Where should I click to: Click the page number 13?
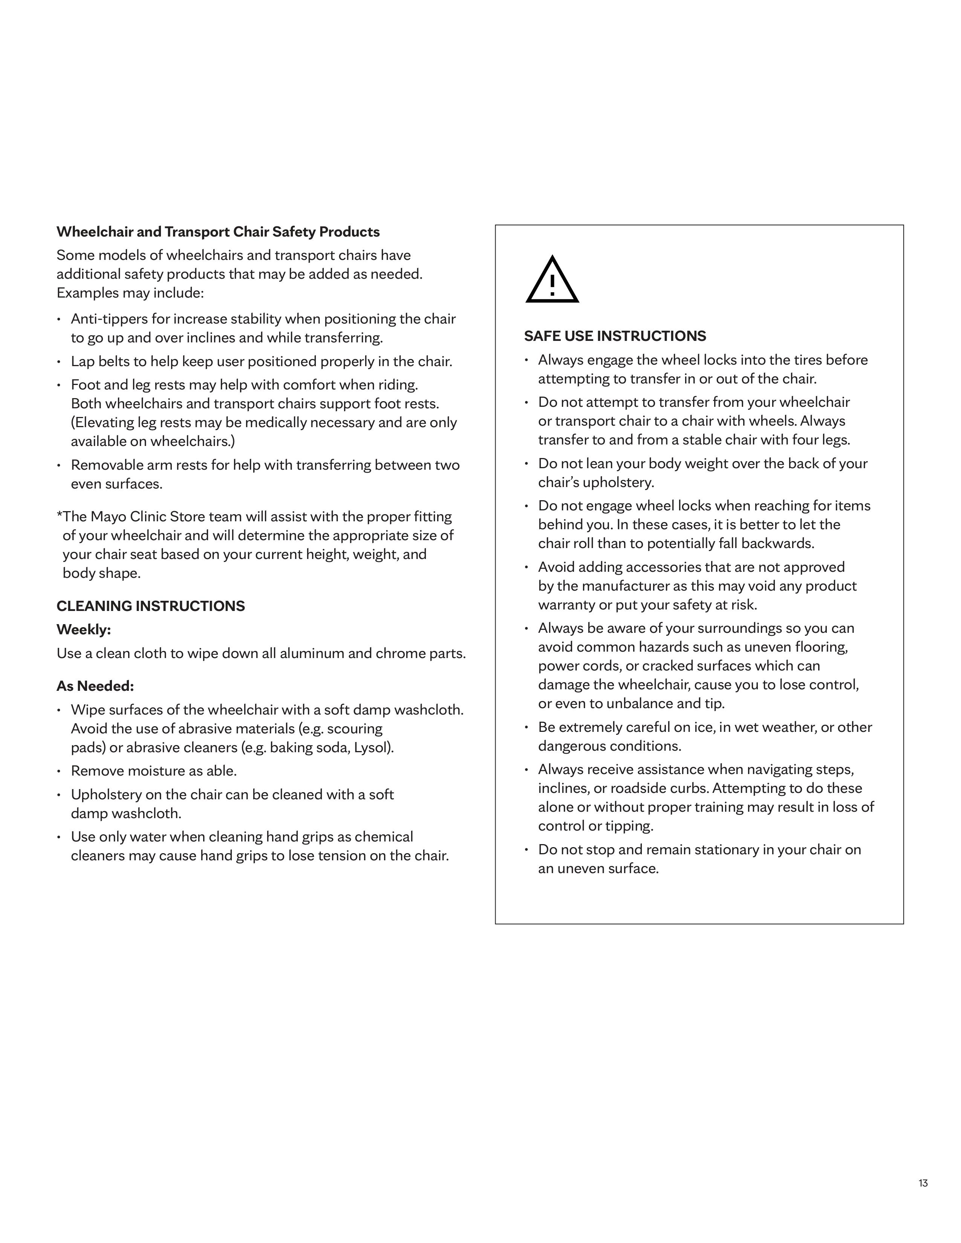(923, 1183)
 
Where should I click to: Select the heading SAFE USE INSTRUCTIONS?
(615, 336)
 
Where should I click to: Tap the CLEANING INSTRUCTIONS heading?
(150, 606)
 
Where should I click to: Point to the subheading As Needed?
(95, 686)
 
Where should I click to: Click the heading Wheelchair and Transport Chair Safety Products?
(218, 232)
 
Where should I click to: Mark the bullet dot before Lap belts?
(59, 362)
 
